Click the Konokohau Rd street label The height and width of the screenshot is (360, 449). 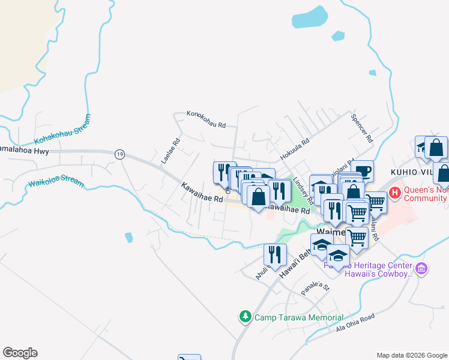click(205, 120)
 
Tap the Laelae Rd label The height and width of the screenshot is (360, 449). click(171, 152)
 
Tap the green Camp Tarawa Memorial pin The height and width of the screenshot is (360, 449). click(245, 316)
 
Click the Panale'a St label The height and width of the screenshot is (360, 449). click(316, 287)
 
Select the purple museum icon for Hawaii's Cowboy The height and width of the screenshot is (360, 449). click(421, 269)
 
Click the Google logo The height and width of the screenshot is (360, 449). click(20, 353)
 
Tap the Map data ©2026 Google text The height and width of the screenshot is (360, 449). click(411, 355)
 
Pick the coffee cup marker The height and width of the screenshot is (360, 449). click(363, 171)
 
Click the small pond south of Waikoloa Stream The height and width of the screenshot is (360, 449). click(128, 238)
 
